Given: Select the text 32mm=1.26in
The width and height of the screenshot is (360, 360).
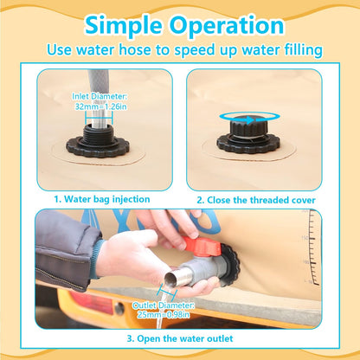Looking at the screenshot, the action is [x=100, y=106].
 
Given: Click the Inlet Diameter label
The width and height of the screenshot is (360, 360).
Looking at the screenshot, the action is [x=100, y=96].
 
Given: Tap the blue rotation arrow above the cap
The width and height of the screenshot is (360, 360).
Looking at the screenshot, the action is [x=249, y=118].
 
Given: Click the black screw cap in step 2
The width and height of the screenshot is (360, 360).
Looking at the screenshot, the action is [x=248, y=128].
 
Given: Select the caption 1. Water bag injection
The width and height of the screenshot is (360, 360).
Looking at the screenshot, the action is [x=102, y=199].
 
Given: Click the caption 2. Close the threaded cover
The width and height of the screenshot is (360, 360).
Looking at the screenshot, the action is [x=256, y=200].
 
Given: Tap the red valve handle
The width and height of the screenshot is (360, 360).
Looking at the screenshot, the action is [x=202, y=246].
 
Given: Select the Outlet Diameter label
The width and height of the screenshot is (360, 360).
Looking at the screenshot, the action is [x=164, y=305].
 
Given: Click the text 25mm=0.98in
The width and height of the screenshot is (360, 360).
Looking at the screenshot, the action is [x=164, y=314].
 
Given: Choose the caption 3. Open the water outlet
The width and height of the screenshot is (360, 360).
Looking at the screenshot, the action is [x=180, y=338].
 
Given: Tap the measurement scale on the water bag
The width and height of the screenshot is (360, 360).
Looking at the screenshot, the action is [x=312, y=247].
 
